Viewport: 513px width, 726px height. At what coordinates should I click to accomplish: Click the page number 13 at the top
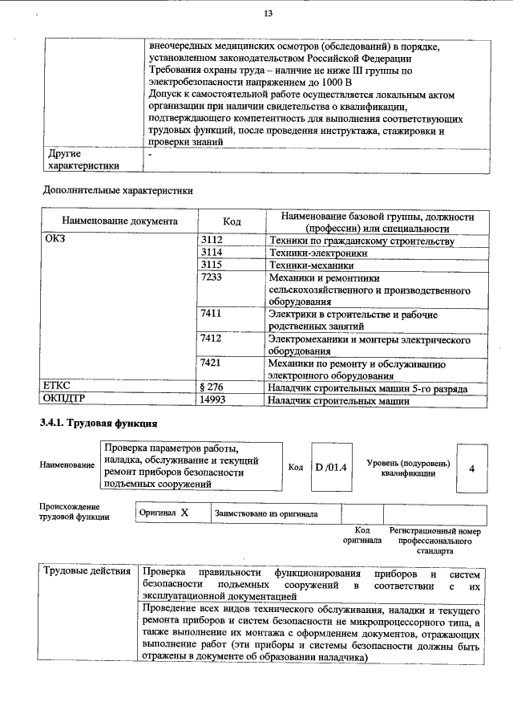click(x=268, y=13)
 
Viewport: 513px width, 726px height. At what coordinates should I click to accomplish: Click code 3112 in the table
click(x=211, y=240)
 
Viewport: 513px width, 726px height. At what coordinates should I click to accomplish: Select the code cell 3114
click(x=211, y=252)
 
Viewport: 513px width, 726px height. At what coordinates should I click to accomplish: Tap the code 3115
click(x=211, y=264)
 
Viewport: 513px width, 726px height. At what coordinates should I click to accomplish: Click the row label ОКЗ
click(x=56, y=240)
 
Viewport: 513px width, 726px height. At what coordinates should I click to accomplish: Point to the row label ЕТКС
click(x=59, y=387)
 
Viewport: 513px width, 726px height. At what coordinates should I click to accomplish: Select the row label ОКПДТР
click(x=64, y=399)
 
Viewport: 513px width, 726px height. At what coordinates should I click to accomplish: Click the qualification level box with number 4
click(x=472, y=468)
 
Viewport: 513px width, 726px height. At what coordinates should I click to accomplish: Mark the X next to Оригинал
click(x=184, y=512)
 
